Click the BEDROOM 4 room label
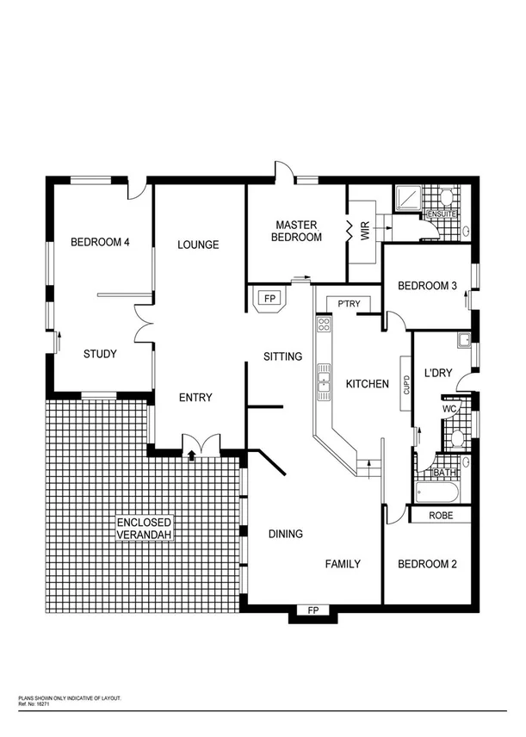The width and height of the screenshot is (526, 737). pos(100,242)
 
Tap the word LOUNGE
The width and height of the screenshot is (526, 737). pos(198,245)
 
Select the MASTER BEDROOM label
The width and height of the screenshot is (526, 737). pos(298,231)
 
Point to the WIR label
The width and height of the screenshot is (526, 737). pos(365,231)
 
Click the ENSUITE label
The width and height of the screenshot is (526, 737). pos(440,213)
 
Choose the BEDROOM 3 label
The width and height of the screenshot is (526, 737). pos(426,286)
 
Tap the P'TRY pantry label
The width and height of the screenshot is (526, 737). pos(348,303)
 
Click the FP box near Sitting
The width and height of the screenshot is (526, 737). pos(269,299)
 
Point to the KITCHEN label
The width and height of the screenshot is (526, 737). pos(368,383)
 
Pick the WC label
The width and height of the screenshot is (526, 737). pos(449,409)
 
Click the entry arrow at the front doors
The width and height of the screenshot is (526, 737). pos(190,455)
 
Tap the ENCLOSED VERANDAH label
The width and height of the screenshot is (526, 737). pos(146,529)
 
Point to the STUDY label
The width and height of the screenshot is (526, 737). pos(100,353)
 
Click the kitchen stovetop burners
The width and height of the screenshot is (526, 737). pos(325,325)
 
